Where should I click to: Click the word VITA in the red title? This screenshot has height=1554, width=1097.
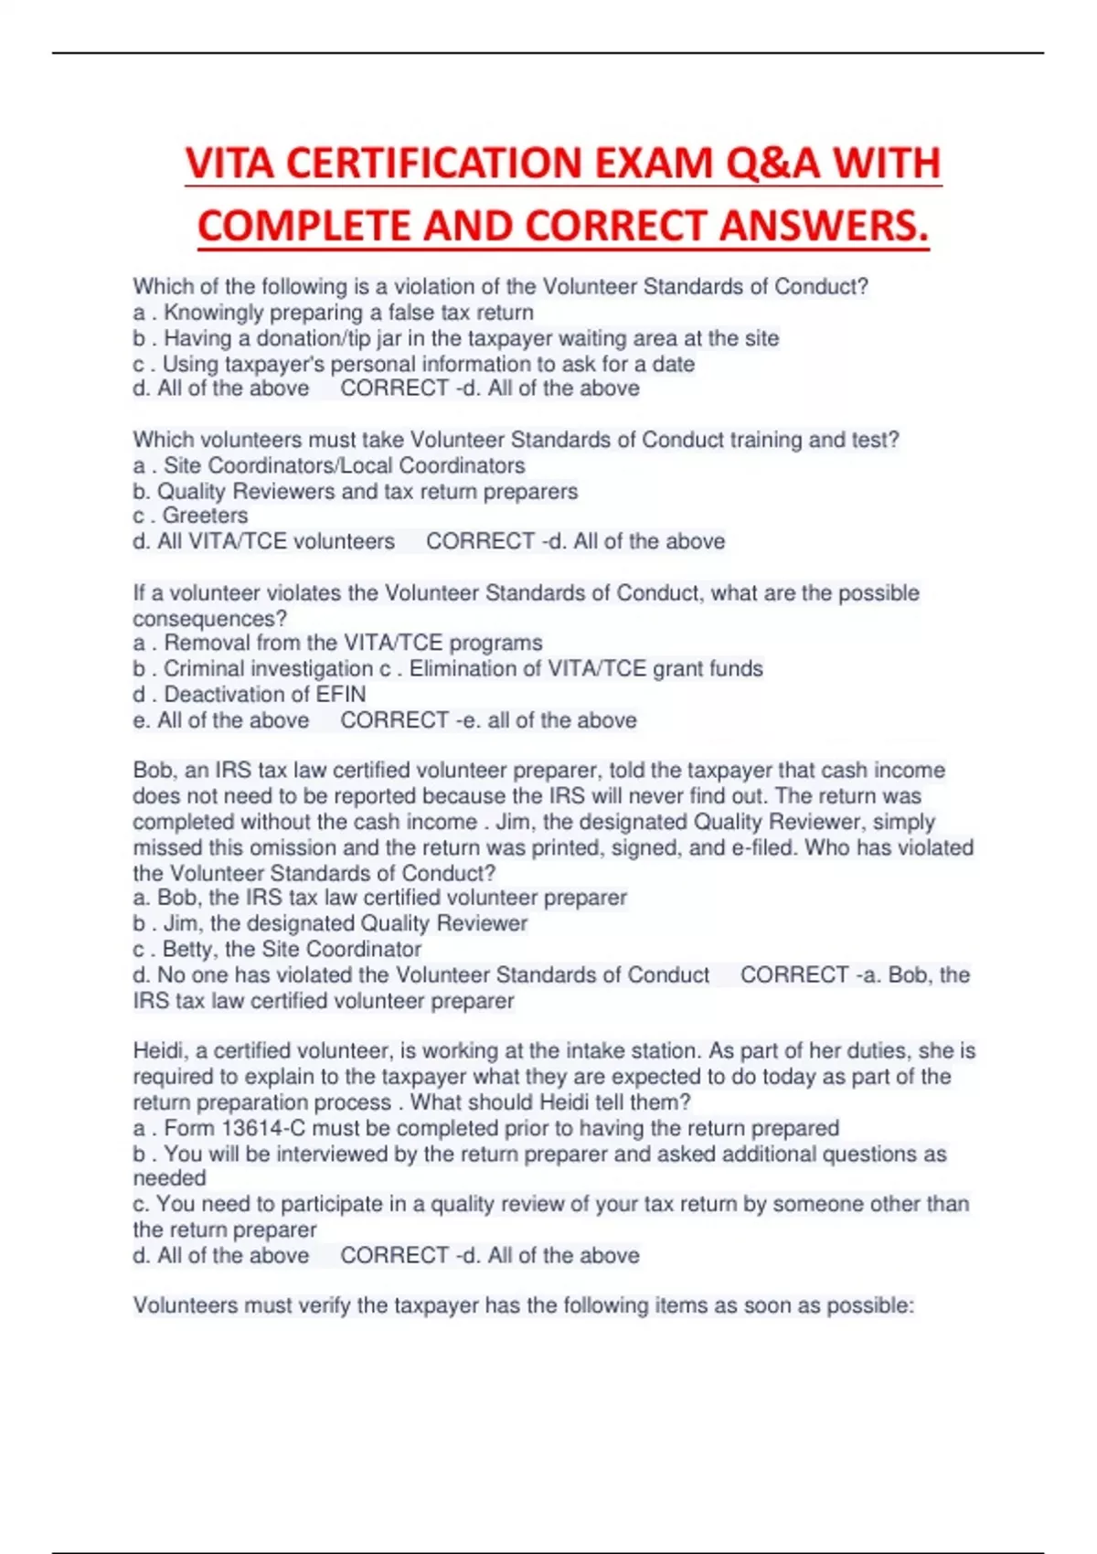pos(229,165)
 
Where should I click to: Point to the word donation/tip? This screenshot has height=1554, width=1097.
pos(314,338)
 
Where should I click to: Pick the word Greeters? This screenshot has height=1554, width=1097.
pos(205,516)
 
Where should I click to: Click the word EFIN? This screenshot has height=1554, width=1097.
pos(340,694)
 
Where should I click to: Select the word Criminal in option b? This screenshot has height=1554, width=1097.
pos(206,668)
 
